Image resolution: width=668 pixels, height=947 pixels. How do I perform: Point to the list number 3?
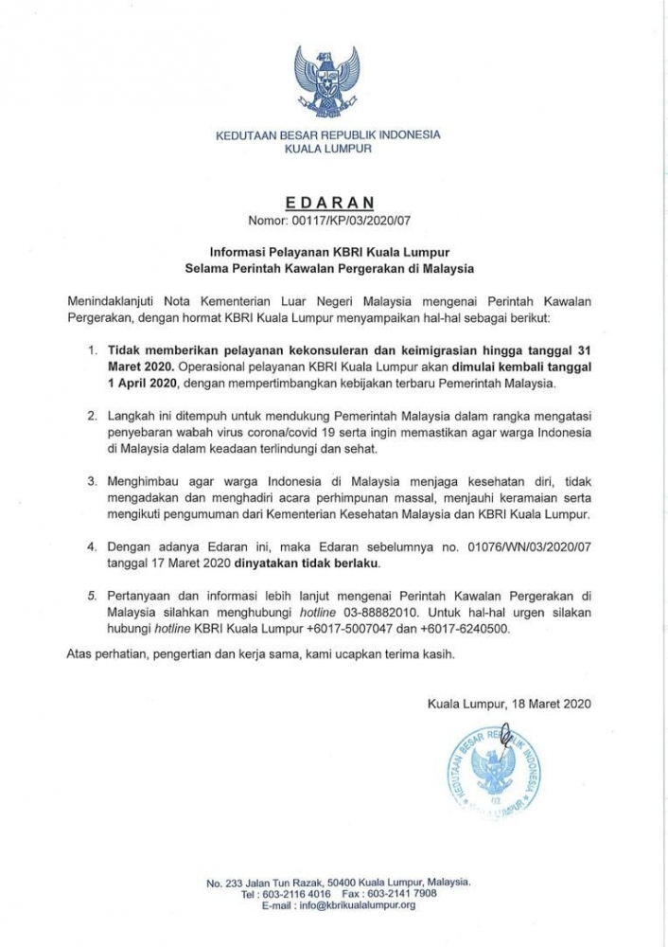(92, 481)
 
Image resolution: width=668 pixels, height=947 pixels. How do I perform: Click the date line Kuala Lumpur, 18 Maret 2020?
(508, 703)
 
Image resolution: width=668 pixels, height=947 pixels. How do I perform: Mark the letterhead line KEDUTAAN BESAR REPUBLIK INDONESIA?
(328, 134)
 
